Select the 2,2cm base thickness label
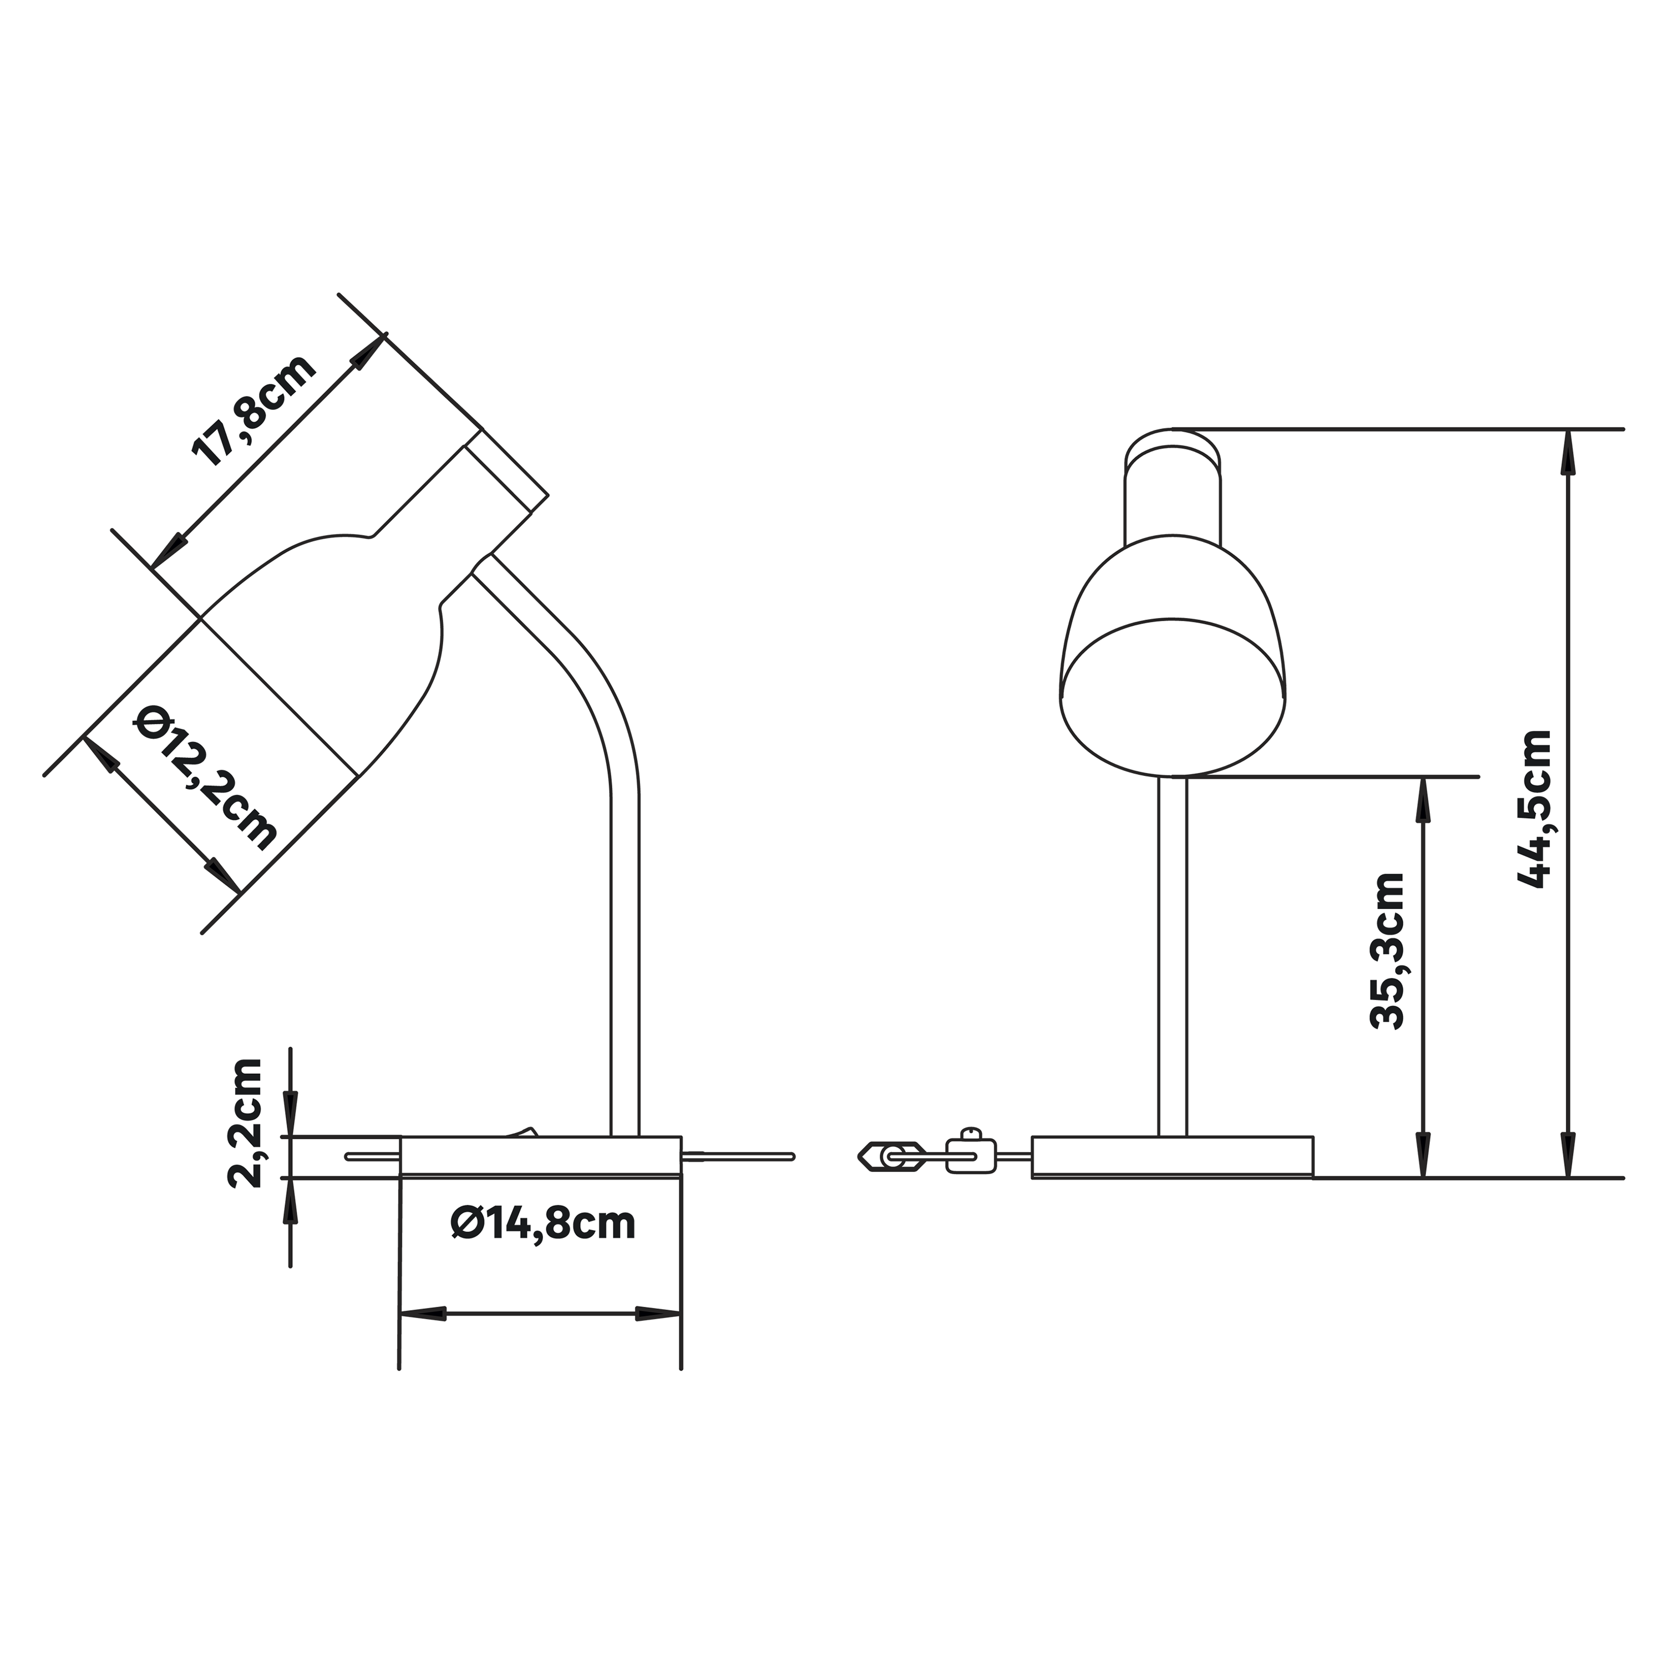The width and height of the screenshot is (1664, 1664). point(246,1124)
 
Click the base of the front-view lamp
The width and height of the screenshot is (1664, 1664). point(1171,1156)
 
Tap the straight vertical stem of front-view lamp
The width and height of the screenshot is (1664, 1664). point(1172,956)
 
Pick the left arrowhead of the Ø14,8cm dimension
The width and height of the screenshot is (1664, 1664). point(423,1337)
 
